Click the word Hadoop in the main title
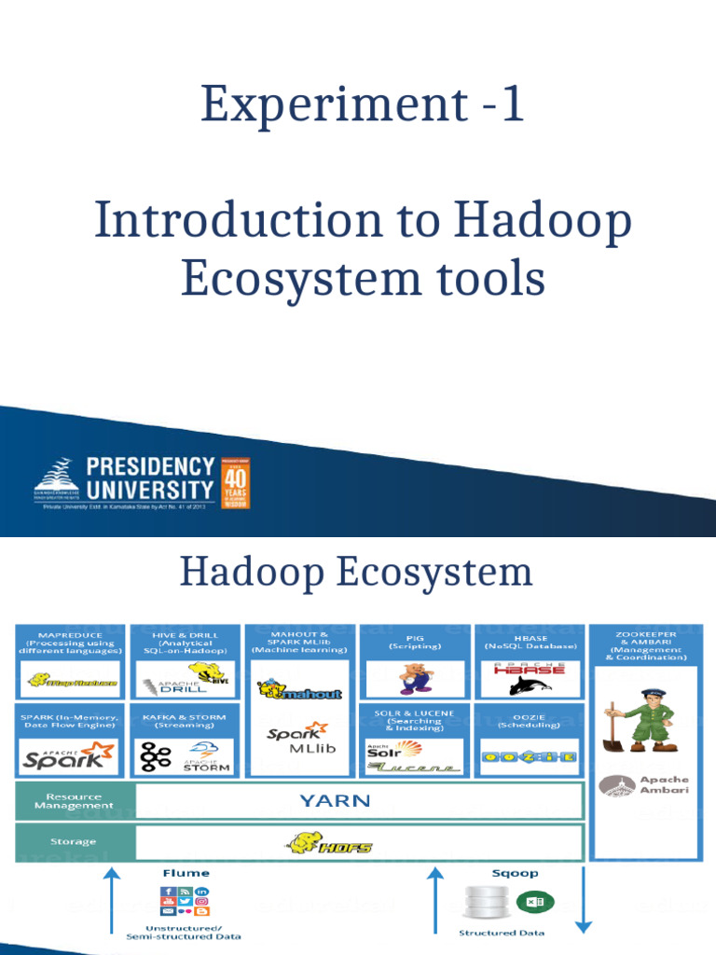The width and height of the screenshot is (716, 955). pyautogui.click(x=543, y=221)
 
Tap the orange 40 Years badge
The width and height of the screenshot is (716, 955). pyautogui.click(x=235, y=482)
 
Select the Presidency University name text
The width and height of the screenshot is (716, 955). pyautogui.click(x=150, y=477)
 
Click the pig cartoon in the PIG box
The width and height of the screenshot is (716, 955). pyautogui.click(x=416, y=678)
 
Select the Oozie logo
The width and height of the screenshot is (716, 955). pyautogui.click(x=529, y=756)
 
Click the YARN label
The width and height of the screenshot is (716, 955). pyautogui.click(x=335, y=800)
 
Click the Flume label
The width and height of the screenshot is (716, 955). pyautogui.click(x=186, y=873)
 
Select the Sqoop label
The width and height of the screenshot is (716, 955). pyautogui.click(x=511, y=873)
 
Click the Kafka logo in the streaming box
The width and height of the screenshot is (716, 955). pyautogui.click(x=155, y=755)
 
